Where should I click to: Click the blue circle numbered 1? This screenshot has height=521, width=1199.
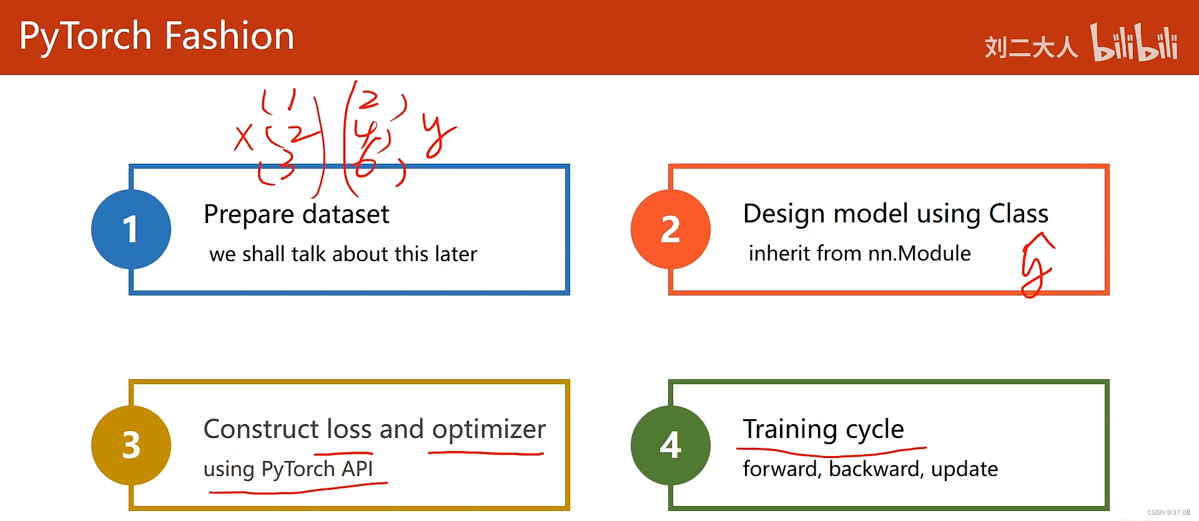pyautogui.click(x=131, y=229)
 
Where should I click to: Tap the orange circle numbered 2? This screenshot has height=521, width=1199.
pyautogui.click(x=671, y=229)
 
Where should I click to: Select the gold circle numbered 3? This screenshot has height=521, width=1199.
pyautogui.click(x=131, y=445)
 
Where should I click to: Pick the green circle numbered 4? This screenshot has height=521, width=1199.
pyautogui.click(x=671, y=445)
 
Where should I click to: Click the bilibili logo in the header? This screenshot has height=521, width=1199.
pyautogui.click(x=1134, y=43)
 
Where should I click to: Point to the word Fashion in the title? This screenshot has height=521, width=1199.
pyautogui.click(x=229, y=36)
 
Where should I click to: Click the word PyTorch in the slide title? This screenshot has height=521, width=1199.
pyautogui.click(x=86, y=36)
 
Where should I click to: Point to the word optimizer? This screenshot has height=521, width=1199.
pyautogui.click(x=488, y=429)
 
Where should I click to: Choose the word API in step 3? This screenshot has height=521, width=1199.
pyautogui.click(x=357, y=469)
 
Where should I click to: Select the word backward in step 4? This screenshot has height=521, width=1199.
pyautogui.click(x=874, y=469)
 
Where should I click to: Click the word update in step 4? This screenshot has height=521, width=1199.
pyautogui.click(x=964, y=469)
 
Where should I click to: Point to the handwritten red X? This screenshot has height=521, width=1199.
pyautogui.click(x=244, y=137)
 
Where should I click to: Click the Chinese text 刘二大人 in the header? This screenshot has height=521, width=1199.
pyautogui.click(x=1031, y=47)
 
